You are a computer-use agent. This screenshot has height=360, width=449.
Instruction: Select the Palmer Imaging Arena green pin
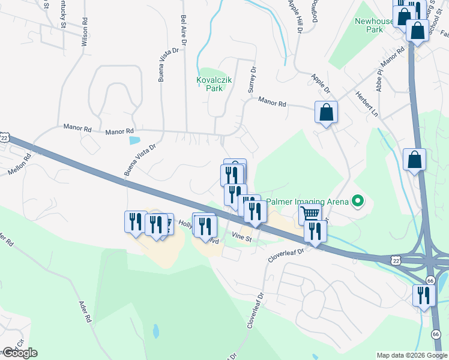358,201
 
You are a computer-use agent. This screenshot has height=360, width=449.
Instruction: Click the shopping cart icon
310,214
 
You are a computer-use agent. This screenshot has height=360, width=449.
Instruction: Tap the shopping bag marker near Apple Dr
326,113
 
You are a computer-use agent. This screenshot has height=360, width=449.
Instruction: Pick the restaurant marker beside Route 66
424,296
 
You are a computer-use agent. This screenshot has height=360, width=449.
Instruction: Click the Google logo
20,353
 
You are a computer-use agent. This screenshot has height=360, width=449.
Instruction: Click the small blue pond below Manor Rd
134,141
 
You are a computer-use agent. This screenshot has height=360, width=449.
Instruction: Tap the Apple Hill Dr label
295,14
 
